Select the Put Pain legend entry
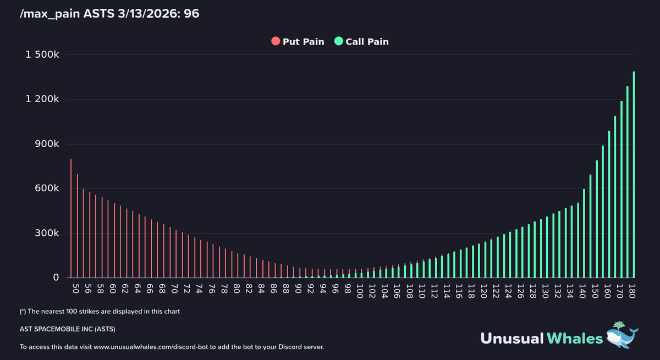tap(298, 42)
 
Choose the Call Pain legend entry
tap(361, 42)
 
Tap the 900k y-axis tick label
tap(46, 144)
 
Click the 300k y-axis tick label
tap(46, 233)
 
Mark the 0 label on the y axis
tap(56, 278)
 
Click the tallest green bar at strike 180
tap(634, 176)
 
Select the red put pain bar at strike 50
tap(71, 220)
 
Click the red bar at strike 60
tap(114, 242)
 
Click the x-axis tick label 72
tap(187, 289)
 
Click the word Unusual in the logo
tap(512, 338)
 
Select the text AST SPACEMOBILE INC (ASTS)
tap(68, 329)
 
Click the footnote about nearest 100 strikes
tap(100, 311)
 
